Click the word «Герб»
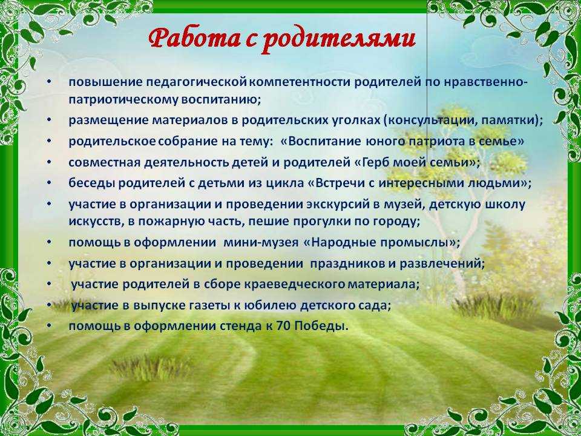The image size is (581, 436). point(378,162)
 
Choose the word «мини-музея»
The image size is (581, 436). point(261,243)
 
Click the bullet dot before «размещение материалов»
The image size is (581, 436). point(49,121)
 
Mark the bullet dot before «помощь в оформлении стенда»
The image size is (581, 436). point(49,326)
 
